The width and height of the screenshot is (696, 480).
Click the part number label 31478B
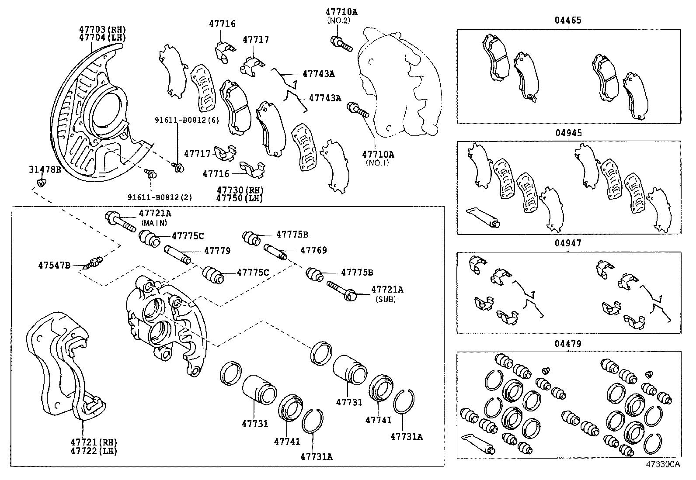[45, 169]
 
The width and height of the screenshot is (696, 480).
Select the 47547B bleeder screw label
[54, 265]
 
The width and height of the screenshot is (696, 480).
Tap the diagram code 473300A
[663, 464]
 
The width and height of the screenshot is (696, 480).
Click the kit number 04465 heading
[568, 21]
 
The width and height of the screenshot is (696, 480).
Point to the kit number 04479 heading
[568, 344]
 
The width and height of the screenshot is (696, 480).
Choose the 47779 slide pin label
[217, 251]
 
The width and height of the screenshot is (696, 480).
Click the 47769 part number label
[313, 251]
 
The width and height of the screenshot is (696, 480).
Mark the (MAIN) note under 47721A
[154, 223]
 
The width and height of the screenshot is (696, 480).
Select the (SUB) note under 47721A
[386, 299]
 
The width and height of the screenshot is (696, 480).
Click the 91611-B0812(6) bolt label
[187, 120]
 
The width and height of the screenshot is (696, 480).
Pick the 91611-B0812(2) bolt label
[160, 197]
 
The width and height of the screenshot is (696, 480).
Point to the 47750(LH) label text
[238, 198]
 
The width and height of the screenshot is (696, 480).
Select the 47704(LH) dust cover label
[102, 38]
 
